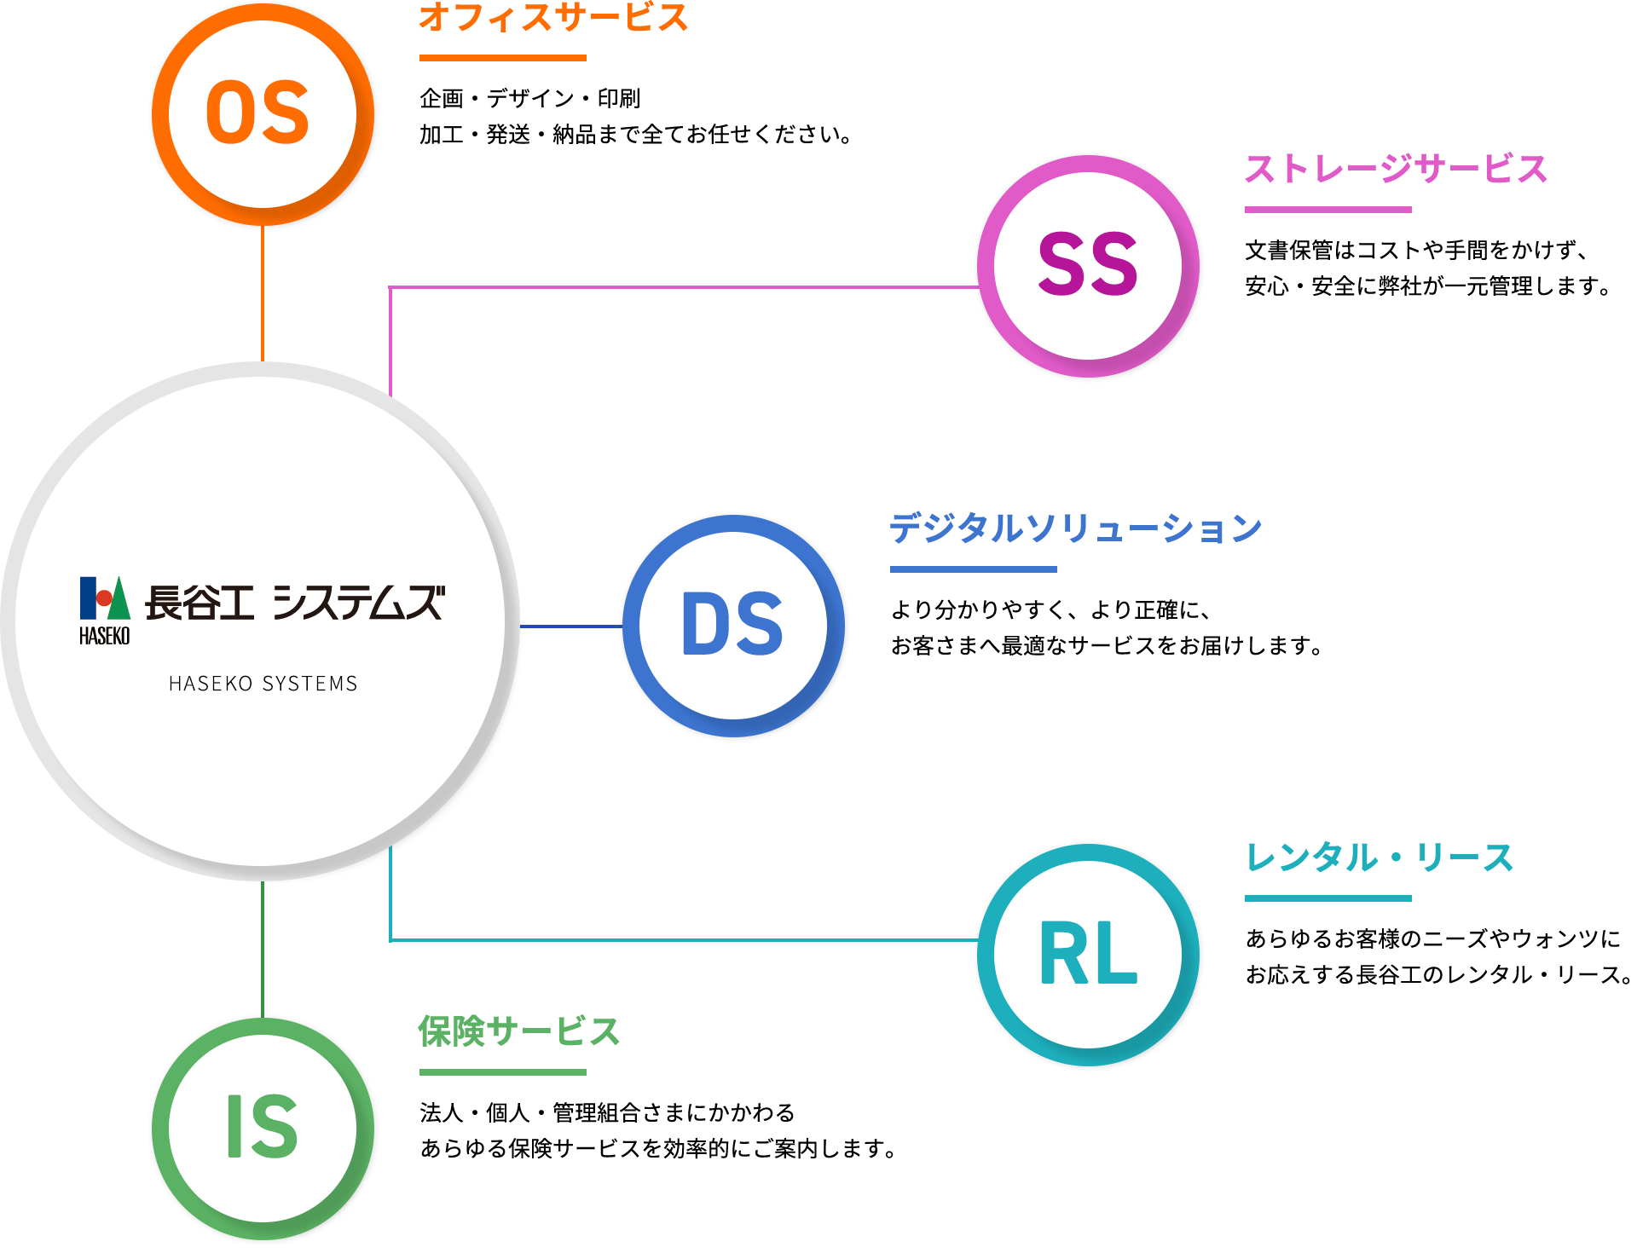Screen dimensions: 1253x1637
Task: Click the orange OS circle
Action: [263, 114]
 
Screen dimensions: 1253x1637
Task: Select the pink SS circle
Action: [1088, 266]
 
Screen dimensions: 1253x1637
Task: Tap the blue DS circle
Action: [733, 626]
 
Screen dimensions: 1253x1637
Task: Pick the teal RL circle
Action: [1088, 955]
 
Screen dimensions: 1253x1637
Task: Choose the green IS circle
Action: [263, 1128]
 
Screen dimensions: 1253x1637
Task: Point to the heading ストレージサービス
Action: [1396, 169]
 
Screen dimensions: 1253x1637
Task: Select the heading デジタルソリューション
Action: [1075, 528]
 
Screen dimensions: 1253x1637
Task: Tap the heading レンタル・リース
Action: [1379, 857]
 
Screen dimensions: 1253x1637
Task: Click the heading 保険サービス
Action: [518, 1031]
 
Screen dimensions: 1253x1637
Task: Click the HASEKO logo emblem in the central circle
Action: [105, 609]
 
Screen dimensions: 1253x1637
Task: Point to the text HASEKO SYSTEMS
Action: [263, 684]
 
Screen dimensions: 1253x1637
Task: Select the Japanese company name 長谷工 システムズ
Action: [295, 603]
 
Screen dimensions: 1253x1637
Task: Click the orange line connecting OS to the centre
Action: [263, 294]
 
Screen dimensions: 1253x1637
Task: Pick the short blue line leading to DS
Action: [570, 626]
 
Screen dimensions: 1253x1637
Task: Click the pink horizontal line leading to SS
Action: [682, 287]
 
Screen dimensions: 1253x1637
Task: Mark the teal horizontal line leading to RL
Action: [682, 940]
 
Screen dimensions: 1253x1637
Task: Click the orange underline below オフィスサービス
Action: [502, 58]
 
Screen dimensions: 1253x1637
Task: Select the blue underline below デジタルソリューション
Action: [973, 569]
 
